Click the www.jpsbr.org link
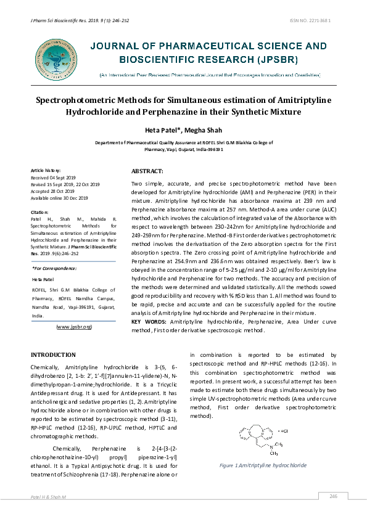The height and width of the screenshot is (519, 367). [73, 326]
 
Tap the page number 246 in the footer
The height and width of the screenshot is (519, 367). [334, 496]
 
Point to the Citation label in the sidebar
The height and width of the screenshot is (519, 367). [39, 211]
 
